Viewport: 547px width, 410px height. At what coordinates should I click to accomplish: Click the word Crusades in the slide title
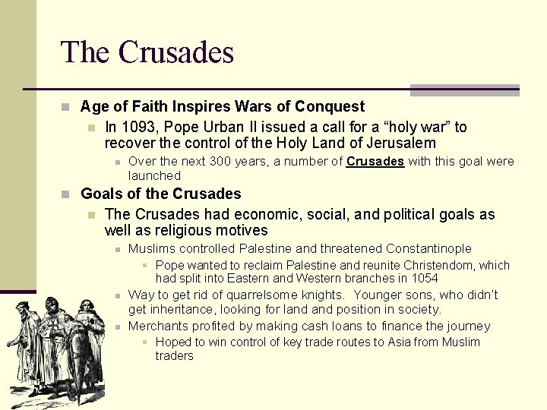pos(175,52)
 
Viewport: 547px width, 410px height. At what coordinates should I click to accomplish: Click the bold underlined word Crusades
pos(375,161)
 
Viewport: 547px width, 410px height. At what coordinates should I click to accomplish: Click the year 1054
pos(424,278)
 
